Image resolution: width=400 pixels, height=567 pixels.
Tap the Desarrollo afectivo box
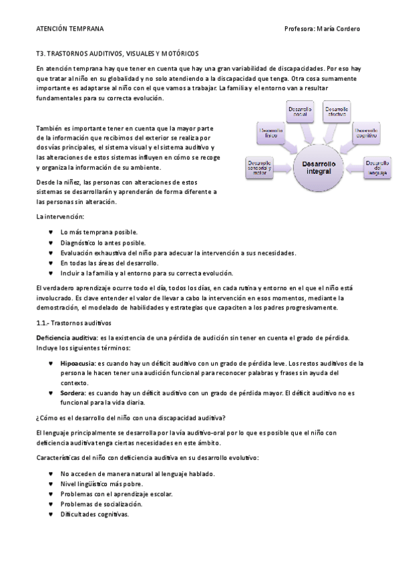pyautogui.click(x=337, y=112)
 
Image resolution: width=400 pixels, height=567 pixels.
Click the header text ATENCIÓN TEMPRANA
pyautogui.click(x=70, y=29)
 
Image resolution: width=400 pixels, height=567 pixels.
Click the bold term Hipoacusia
pyautogui.click(x=77, y=363)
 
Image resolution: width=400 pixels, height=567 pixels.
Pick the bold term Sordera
pyautogui.click(x=72, y=393)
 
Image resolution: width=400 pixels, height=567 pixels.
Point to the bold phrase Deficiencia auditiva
pyautogui.click(x=65, y=338)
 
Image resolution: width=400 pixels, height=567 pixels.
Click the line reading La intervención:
pyautogui.click(x=60, y=217)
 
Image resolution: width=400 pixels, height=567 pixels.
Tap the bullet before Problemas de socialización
pyautogui.click(x=51, y=503)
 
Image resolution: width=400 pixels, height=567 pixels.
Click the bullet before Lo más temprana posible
pyautogui.click(x=51, y=232)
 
